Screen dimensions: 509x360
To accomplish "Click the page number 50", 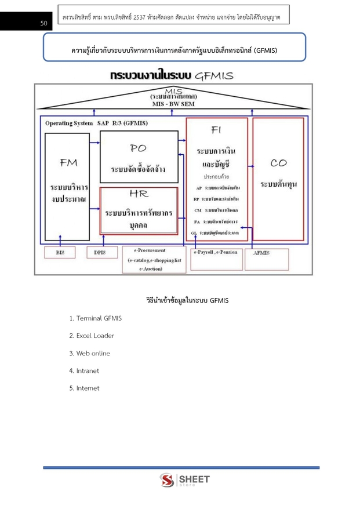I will [x=43, y=24].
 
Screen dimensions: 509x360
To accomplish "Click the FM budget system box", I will [x=67, y=187].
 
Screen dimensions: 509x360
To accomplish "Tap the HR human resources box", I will [x=139, y=210].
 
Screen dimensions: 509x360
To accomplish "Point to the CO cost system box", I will [x=278, y=179].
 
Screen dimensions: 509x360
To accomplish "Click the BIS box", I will [x=61, y=253].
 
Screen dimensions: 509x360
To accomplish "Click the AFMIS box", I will [x=266, y=259].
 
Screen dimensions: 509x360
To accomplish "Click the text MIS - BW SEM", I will [x=173, y=104].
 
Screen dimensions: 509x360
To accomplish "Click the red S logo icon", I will [x=167, y=481].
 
